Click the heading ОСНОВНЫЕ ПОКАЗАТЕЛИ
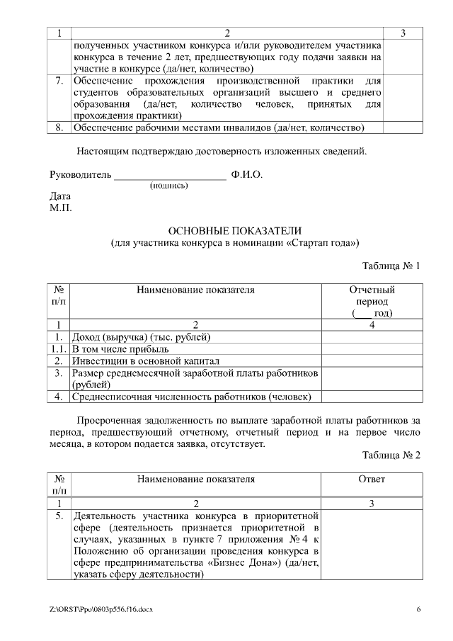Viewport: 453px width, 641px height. tap(234, 231)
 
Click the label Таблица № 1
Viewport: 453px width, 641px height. tap(391, 266)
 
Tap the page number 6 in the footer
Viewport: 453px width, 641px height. tap(418, 610)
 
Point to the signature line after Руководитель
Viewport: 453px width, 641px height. tap(170, 174)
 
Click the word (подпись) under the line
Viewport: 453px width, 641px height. tap(168, 186)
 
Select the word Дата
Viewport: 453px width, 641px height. tap(60, 196)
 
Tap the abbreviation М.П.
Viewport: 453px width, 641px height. tap(61, 208)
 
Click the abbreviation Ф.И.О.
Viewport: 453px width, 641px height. tap(246, 174)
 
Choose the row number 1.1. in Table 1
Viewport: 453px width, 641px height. tap(59, 348)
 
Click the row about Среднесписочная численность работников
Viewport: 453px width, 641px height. tap(191, 397)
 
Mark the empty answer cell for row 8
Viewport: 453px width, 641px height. tap(402, 128)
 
